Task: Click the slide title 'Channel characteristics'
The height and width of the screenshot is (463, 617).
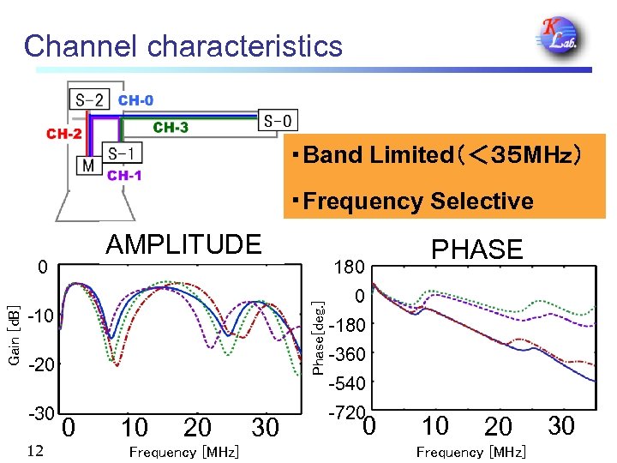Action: [x=183, y=45]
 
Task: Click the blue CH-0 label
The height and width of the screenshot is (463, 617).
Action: [x=136, y=100]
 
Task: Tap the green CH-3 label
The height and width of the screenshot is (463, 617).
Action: [x=171, y=128]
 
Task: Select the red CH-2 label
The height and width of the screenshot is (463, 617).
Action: [x=64, y=134]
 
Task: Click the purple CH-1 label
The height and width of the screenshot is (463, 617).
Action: [x=124, y=176]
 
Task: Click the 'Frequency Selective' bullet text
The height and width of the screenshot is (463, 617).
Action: [x=412, y=201]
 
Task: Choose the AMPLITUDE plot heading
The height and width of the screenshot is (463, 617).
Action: [x=183, y=245]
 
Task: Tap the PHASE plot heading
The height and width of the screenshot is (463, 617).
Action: [x=477, y=250]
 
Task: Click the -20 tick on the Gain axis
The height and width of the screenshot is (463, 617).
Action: [x=41, y=366]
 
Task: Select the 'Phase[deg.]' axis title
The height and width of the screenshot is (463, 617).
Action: [x=317, y=336]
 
